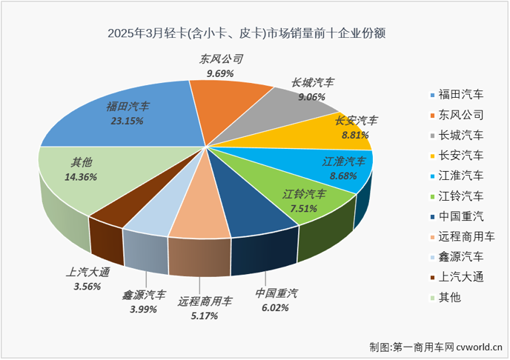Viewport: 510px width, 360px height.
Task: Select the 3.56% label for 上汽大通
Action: click(x=86, y=287)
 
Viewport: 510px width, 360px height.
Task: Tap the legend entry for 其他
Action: click(x=449, y=297)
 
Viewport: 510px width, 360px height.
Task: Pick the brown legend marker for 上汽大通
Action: click(x=431, y=277)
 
